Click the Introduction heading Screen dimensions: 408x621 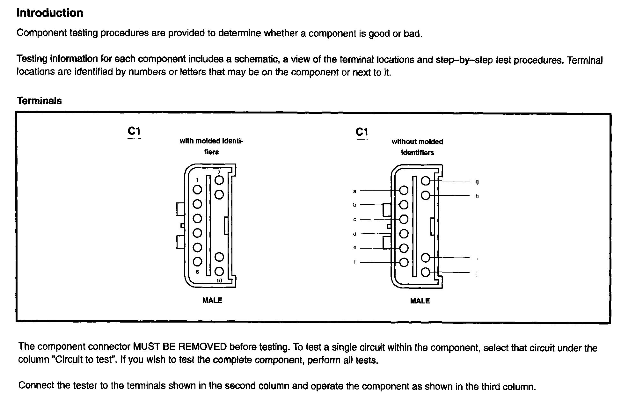point(50,13)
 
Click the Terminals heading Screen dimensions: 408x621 point(39,101)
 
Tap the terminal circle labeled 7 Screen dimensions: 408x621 point(219,180)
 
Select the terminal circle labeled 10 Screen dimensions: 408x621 point(219,272)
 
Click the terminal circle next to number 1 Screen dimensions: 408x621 point(197,190)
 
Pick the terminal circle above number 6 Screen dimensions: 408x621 point(197,262)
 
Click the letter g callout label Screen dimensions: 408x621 point(477,182)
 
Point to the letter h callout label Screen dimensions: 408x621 point(477,196)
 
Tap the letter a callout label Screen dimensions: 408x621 point(354,191)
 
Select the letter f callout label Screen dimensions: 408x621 point(354,262)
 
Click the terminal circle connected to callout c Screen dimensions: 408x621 point(404,219)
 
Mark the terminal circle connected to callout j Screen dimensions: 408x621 point(426,272)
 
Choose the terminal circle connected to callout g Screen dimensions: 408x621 point(426,181)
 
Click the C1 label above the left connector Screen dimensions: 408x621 point(134,131)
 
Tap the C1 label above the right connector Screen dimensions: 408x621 point(362,132)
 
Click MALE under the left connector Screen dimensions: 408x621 point(212,300)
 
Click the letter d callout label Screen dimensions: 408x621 point(354,234)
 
